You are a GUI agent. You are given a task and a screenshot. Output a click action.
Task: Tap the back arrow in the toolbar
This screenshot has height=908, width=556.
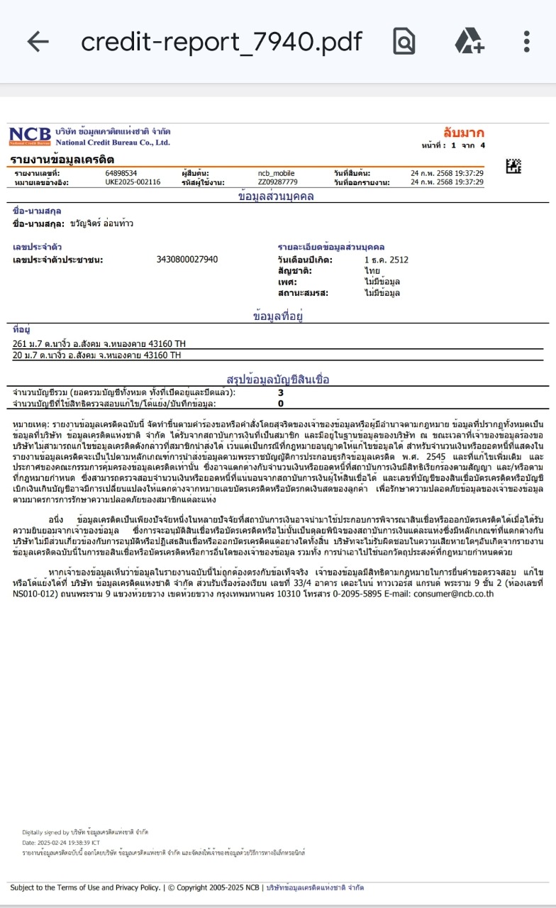click(38, 42)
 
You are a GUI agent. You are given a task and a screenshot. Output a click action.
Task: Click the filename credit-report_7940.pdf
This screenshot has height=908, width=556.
click(221, 42)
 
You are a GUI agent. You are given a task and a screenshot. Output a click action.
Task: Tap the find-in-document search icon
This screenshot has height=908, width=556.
click(404, 42)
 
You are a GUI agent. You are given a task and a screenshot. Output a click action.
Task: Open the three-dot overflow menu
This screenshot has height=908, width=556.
click(526, 42)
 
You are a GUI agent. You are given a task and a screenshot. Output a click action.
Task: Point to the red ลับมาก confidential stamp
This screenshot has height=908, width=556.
click(464, 132)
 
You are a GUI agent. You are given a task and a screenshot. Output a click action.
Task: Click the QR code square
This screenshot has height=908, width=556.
click(513, 167)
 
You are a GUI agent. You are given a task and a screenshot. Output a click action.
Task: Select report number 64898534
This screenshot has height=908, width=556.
click(121, 173)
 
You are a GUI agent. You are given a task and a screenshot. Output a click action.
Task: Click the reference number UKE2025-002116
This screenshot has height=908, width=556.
click(133, 182)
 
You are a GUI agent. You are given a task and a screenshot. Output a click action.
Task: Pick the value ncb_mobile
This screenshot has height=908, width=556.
click(276, 173)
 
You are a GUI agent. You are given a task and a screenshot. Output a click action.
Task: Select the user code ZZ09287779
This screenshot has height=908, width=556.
click(278, 182)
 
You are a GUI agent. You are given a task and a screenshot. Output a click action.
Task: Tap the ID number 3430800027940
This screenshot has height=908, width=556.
click(187, 260)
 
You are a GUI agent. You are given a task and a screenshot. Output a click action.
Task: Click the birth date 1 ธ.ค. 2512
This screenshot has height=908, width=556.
click(386, 260)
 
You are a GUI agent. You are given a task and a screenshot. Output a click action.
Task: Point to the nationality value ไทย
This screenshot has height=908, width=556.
click(372, 271)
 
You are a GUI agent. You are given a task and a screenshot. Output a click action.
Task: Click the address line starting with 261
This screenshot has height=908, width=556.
click(97, 344)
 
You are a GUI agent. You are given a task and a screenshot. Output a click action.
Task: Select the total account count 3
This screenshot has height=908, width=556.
click(281, 392)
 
